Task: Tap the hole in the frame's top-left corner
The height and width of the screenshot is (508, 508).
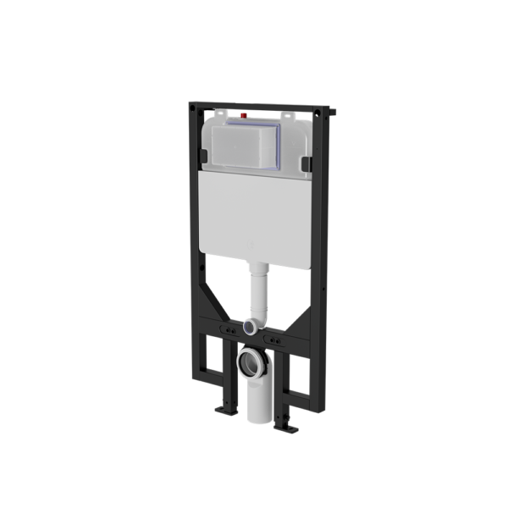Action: pos(194,109)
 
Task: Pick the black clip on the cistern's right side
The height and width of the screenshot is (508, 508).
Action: pos(304,159)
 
